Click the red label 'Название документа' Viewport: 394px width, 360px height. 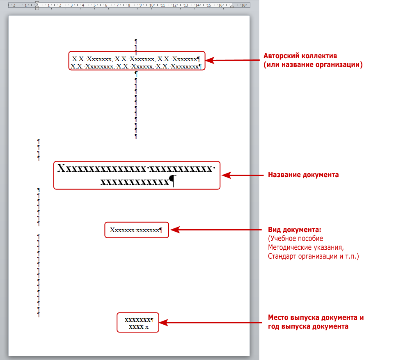click(x=303, y=175)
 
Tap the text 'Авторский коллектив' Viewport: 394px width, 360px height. click(x=297, y=56)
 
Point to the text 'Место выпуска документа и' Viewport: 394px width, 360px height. click(x=316, y=318)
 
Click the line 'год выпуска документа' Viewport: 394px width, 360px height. click(x=308, y=326)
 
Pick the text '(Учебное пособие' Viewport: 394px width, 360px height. click(x=295, y=239)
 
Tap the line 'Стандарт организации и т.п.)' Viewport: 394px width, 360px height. click(x=313, y=257)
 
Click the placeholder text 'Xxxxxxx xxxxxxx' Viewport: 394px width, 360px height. click(x=134, y=230)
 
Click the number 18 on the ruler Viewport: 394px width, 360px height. click(x=243, y=5)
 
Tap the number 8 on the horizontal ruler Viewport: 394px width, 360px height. click(x=129, y=5)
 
